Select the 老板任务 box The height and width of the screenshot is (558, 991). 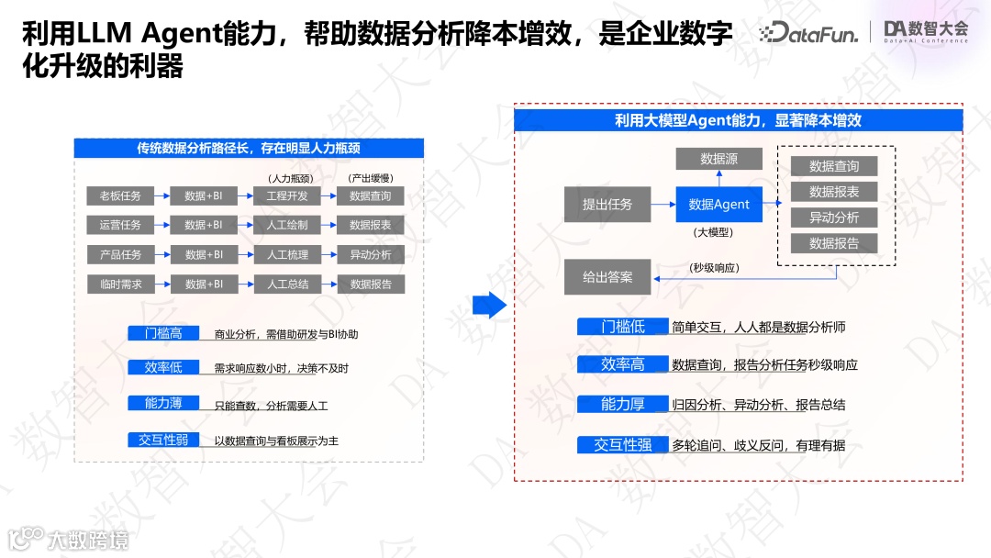coord(120,196)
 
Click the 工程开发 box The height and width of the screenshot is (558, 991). coord(287,196)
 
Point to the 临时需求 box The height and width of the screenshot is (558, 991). coord(120,285)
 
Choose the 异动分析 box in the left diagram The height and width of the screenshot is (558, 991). coord(371,255)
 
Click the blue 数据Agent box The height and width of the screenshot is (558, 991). coord(718,205)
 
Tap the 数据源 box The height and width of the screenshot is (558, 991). coord(718,159)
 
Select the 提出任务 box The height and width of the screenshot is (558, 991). coord(607,205)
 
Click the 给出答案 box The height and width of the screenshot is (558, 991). coord(607,276)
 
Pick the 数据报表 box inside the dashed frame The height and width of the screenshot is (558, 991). coord(834,192)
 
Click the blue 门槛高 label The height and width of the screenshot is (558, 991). coord(163,334)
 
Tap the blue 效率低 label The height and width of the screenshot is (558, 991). coord(163,368)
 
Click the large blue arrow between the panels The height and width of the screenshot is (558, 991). coord(489,305)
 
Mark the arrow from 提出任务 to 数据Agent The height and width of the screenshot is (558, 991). coord(663,205)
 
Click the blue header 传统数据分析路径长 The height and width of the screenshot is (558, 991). coord(248,148)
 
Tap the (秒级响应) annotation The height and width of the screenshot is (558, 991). coord(714,269)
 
